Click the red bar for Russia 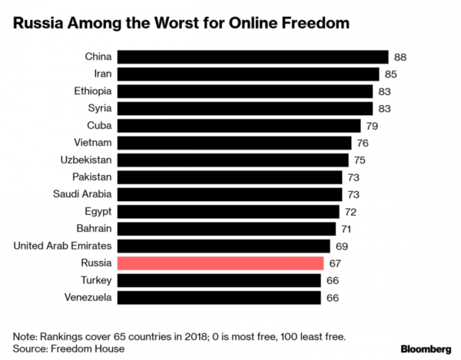[221, 263]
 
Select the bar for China [253, 57]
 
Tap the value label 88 [400, 57]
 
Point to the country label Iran [101, 74]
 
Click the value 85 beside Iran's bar [391, 74]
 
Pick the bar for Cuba [240, 125]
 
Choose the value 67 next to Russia [334, 263]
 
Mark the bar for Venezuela [220, 297]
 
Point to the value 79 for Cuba [372, 125]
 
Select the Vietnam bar [235, 143]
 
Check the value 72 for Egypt [352, 211]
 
